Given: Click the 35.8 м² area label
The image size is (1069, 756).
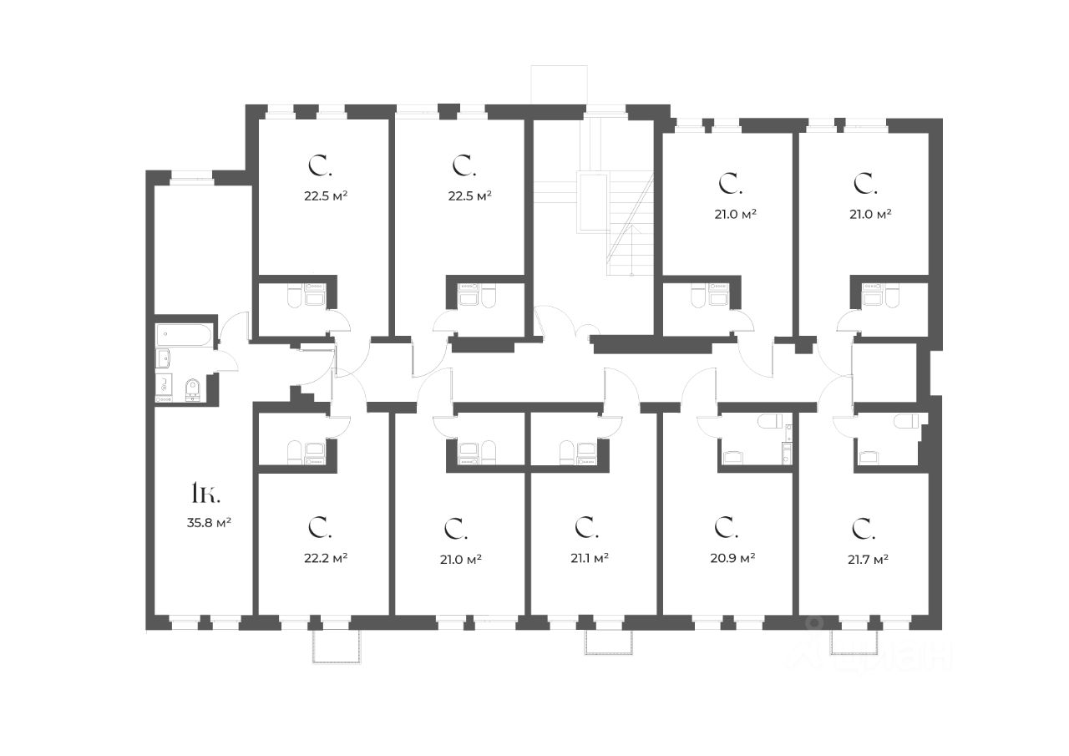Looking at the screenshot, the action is coord(208,524).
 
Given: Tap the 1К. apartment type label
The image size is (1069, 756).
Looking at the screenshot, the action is coord(205,494).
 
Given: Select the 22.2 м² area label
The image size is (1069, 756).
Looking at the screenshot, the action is coord(326,557).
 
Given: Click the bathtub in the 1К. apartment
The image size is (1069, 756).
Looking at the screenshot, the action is coord(185,335).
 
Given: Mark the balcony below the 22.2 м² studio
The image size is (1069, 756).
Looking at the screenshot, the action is coord(337,646).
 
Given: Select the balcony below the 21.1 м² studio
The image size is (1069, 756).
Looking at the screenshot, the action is coord(609,642).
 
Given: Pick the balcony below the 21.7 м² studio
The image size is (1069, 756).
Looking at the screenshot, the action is coord(854,642).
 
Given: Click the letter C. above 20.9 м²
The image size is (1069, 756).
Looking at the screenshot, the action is coord(725,527).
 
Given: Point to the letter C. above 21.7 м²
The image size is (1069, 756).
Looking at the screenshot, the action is coord(862,527).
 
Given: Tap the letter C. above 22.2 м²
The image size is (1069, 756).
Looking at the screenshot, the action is coord(318,527).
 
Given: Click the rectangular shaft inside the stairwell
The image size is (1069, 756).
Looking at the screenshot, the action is coord(592,201).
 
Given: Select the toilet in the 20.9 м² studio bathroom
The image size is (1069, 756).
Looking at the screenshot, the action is coord(770,421).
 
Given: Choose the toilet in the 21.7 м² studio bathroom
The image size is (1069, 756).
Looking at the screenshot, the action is coord(905,421).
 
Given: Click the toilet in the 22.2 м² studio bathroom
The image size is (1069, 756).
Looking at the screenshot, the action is coord(294,452).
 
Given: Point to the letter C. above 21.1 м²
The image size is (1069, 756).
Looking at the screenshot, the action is coord(584,527).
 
